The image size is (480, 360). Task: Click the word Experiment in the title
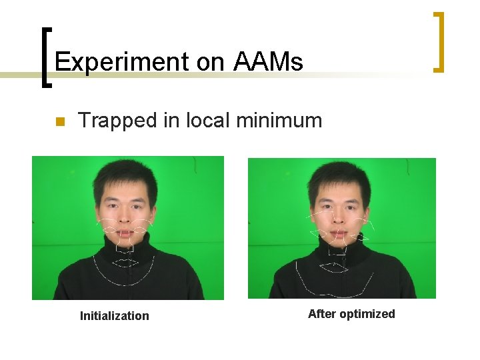point(122,62)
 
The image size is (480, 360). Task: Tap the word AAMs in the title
point(269,62)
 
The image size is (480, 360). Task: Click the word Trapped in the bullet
point(115,121)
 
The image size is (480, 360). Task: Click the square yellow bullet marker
point(59,122)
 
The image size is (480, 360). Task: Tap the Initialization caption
point(115,316)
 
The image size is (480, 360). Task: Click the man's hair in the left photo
point(125,175)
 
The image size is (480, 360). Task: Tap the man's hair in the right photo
point(340,175)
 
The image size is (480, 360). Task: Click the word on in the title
point(210,62)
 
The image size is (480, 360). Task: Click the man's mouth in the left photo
point(126,227)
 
